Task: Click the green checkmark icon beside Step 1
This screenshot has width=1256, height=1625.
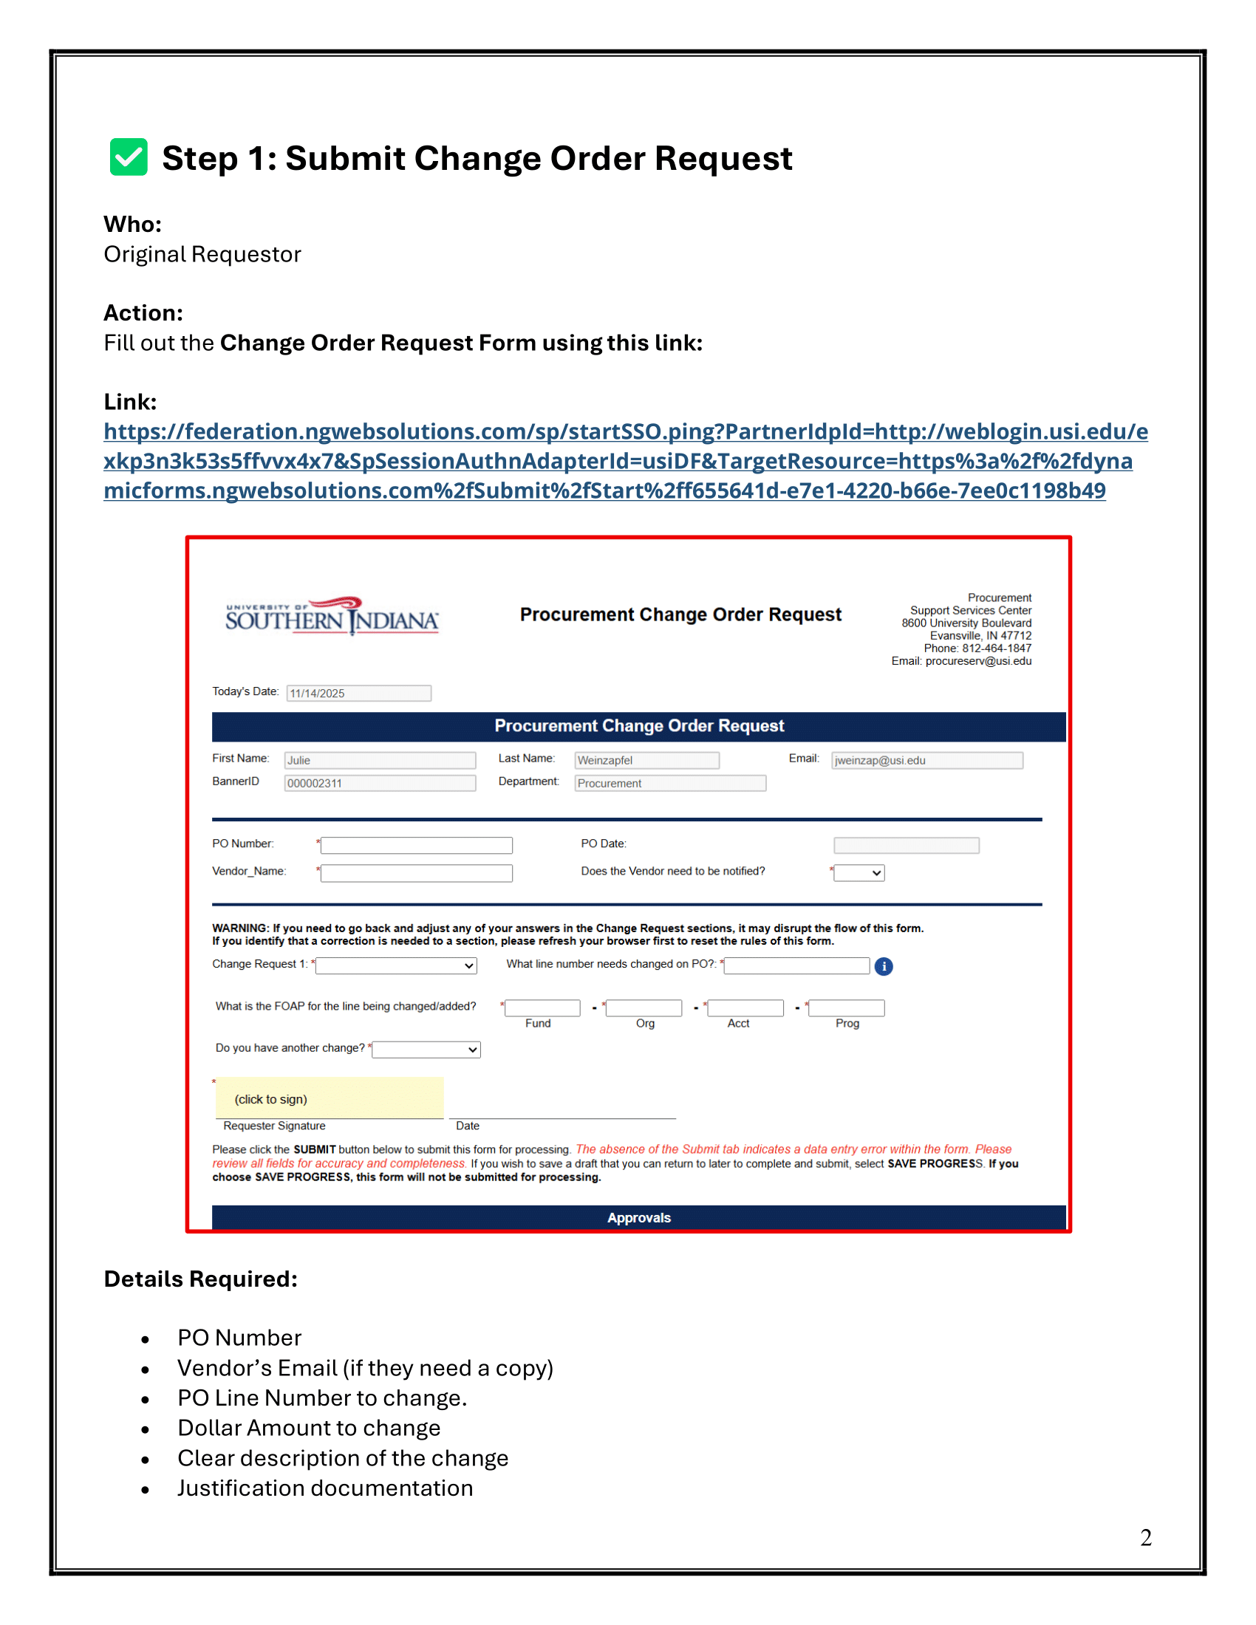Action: (x=128, y=157)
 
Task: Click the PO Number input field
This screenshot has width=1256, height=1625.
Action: (x=417, y=845)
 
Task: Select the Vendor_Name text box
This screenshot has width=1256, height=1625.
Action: (x=417, y=873)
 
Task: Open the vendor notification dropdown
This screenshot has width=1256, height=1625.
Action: (x=859, y=873)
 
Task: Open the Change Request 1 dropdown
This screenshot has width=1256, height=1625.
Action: (x=397, y=966)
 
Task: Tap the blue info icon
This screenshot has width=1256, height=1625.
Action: (x=883, y=967)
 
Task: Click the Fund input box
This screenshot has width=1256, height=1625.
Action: (x=542, y=1008)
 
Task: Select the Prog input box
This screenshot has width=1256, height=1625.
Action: (x=847, y=1008)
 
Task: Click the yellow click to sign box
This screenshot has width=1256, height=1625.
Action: (x=330, y=1099)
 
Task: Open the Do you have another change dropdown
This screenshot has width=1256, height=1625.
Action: (x=426, y=1050)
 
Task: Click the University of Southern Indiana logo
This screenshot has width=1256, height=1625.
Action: (x=332, y=617)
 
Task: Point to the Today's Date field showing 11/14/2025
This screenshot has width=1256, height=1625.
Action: (x=358, y=694)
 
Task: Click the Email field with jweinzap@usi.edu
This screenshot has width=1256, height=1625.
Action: (x=927, y=760)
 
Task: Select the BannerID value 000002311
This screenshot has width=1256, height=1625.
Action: (x=380, y=784)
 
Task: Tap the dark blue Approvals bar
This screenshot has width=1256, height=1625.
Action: (x=638, y=1218)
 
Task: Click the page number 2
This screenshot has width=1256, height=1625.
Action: (x=1146, y=1538)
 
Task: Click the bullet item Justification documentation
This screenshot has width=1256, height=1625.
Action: (x=325, y=1488)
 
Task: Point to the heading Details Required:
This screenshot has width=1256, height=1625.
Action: (x=201, y=1279)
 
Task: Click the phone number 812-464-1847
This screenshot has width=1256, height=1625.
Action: (x=997, y=648)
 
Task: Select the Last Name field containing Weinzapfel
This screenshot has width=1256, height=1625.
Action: (x=646, y=760)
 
